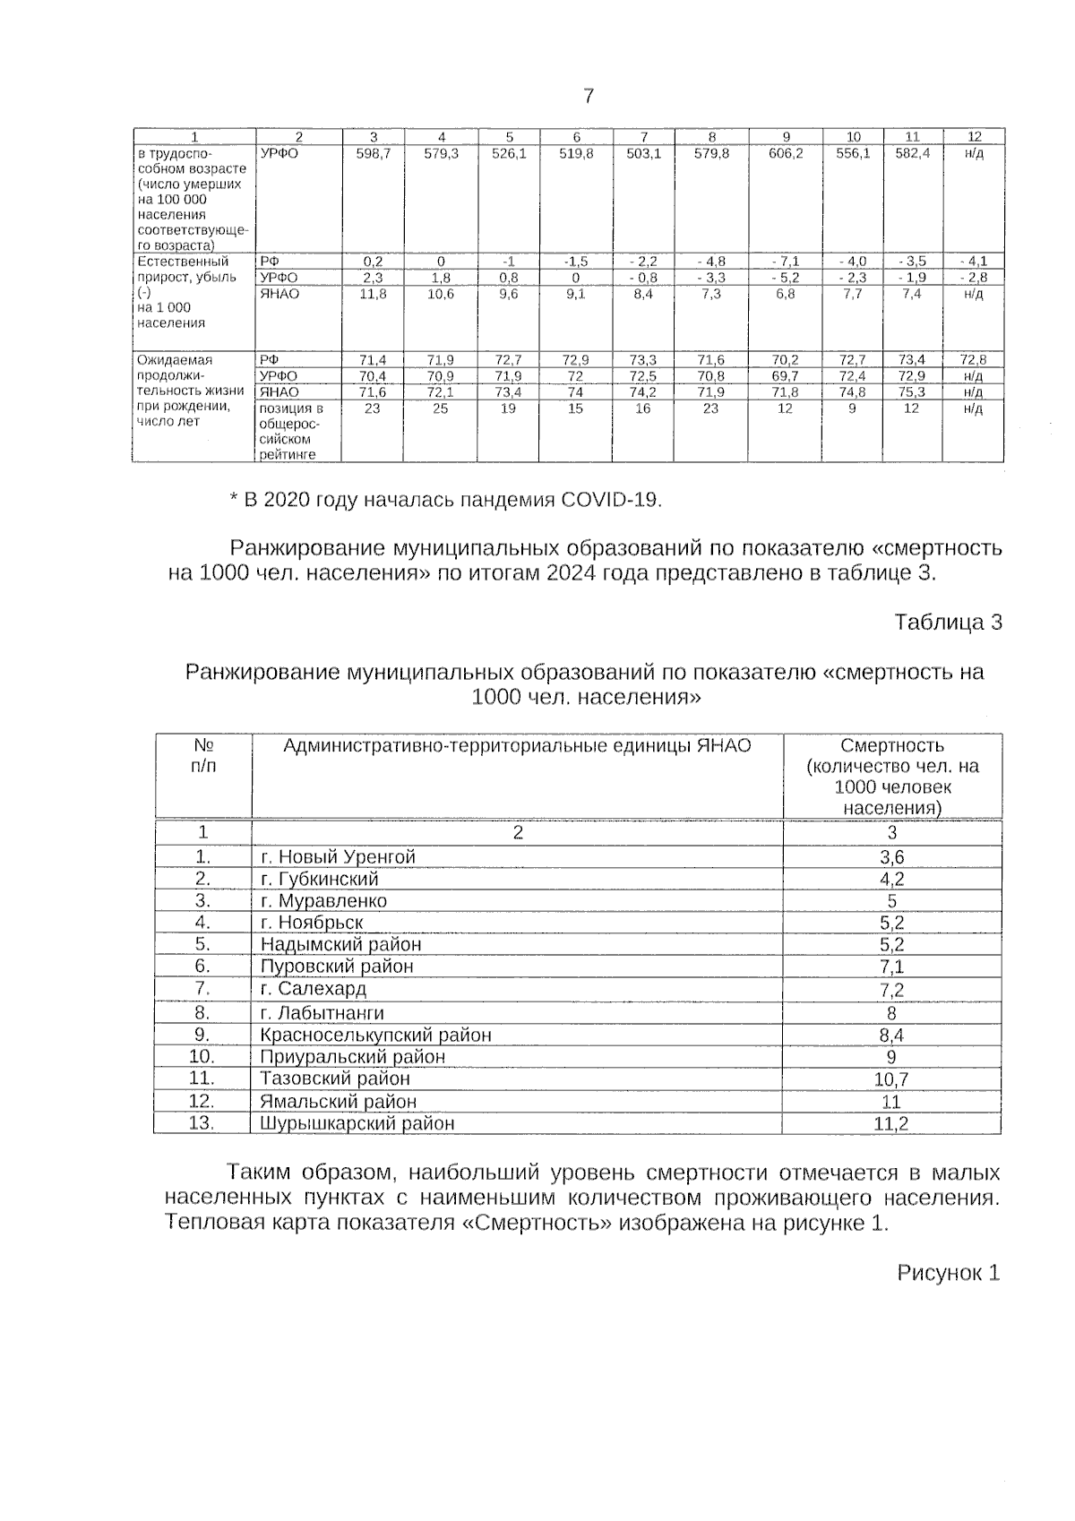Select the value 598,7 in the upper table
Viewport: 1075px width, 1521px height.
click(374, 153)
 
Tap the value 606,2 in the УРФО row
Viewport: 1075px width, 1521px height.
click(786, 153)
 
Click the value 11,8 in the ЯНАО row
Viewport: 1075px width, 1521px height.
click(374, 294)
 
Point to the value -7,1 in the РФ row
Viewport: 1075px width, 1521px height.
click(786, 262)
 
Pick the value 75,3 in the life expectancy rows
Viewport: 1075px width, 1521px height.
click(912, 392)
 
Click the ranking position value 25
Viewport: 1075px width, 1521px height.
click(441, 408)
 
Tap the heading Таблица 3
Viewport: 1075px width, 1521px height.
click(948, 623)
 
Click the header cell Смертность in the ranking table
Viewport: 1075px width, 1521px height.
click(892, 746)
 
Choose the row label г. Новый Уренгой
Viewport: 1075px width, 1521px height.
click(339, 857)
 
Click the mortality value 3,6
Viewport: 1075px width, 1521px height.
click(892, 857)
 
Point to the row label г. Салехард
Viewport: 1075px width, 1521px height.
click(314, 989)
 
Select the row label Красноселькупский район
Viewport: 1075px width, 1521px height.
click(376, 1035)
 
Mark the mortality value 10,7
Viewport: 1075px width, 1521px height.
click(892, 1079)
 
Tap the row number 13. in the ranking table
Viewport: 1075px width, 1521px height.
click(202, 1122)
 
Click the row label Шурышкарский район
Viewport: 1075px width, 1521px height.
click(357, 1123)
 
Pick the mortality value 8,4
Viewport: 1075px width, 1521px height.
click(892, 1035)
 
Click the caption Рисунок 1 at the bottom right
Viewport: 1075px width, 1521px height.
click(948, 1273)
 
